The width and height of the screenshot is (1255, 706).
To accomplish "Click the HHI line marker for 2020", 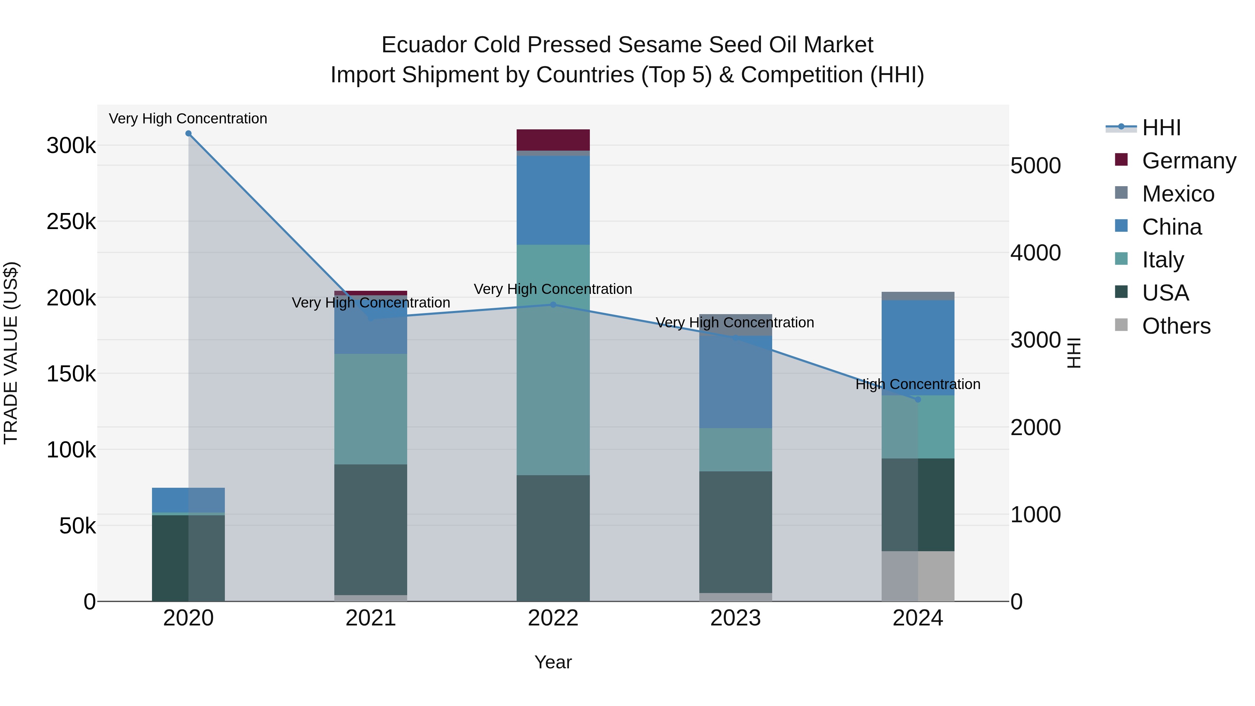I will [189, 134].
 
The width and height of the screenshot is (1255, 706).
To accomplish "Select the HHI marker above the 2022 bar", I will [553, 305].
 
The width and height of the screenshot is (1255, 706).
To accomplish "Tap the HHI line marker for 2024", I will [918, 400].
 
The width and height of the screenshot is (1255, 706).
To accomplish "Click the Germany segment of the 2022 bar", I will [553, 140].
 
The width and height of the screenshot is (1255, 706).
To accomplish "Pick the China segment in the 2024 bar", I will [918, 348].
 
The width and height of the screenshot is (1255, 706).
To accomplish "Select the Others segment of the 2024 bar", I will [918, 576].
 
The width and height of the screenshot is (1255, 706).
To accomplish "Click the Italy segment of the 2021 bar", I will [371, 409].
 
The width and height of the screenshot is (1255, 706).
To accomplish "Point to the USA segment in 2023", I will [736, 532].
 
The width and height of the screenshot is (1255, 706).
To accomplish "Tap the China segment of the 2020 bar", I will [189, 500].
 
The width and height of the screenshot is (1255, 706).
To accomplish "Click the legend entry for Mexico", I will [1178, 194].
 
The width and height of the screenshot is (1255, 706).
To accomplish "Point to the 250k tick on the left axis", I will [71, 222].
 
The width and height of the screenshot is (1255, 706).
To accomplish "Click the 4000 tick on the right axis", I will [1035, 253].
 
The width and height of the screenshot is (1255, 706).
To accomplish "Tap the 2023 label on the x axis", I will [736, 618].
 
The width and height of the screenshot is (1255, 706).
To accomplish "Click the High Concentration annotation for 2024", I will [918, 385].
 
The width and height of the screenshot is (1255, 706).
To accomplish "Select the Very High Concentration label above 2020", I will [188, 119].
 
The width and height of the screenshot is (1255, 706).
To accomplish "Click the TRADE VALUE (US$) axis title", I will [11, 353].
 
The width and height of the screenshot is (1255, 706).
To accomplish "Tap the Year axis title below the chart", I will [553, 662].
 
